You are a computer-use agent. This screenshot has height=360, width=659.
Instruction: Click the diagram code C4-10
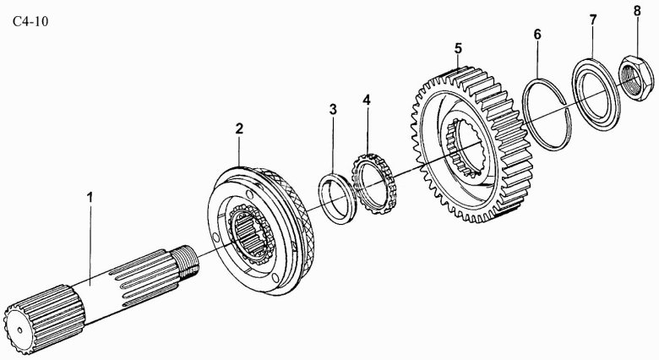[30, 21]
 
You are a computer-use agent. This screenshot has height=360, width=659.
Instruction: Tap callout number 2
[239, 128]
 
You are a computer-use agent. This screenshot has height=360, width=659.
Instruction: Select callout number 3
[333, 110]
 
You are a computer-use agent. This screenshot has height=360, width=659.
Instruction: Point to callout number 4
[367, 100]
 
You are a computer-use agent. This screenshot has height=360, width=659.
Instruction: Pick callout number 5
[457, 48]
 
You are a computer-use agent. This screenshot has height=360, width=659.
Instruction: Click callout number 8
[637, 11]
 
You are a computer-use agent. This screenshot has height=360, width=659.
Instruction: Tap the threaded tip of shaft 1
[185, 259]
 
